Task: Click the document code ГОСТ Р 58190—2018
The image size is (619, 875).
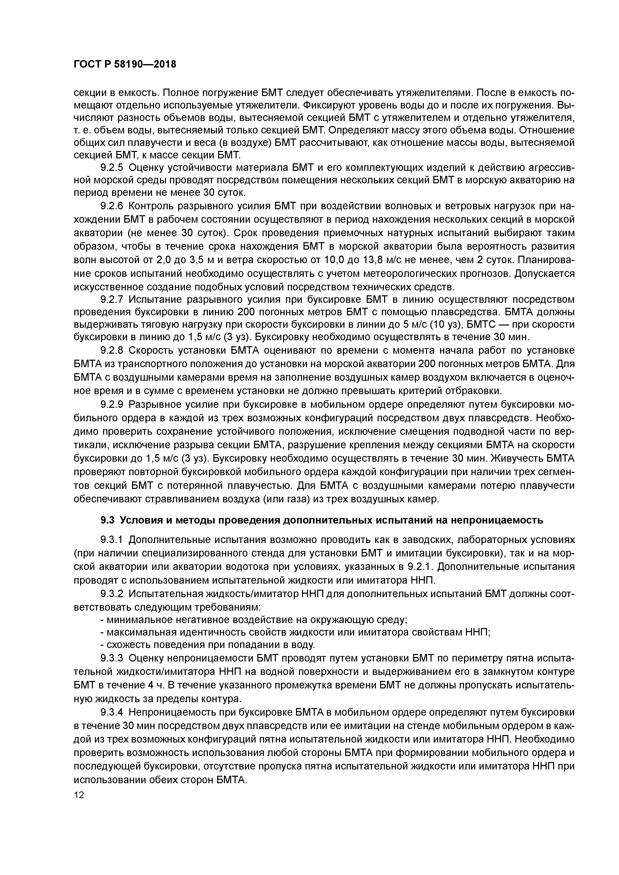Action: coord(125,64)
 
